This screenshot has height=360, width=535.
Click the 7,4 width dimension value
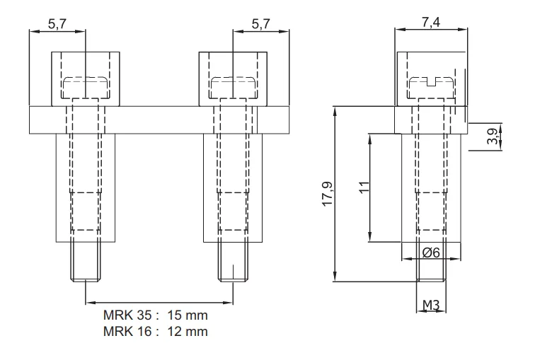pos(431,22)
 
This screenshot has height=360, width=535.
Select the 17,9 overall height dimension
pos(328,194)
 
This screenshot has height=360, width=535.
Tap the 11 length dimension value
pos(364,187)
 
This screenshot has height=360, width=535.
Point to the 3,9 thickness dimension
pos(493,137)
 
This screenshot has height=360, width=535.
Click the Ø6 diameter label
pos(431,252)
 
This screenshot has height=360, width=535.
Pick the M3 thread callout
pos(431,305)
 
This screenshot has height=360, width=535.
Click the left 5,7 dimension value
pos(57,24)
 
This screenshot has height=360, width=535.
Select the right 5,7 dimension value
pos(260,24)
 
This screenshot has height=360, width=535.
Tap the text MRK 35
pos(127,315)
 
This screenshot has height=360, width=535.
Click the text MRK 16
pos(127,332)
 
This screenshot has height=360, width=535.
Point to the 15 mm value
pos(188,315)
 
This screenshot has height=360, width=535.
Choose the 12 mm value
pos(188,332)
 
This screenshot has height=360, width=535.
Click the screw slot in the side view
pos(432,81)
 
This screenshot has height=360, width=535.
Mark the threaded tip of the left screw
pos(86,262)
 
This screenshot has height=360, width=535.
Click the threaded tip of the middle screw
pos(233,262)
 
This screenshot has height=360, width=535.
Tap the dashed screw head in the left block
pos(86,88)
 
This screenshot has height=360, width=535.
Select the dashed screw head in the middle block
pos(233,88)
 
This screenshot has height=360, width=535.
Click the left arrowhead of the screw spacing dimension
pos(89,302)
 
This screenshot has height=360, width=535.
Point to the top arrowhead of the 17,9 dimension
pos(335,110)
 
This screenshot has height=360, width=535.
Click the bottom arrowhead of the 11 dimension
pos(370,238)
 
